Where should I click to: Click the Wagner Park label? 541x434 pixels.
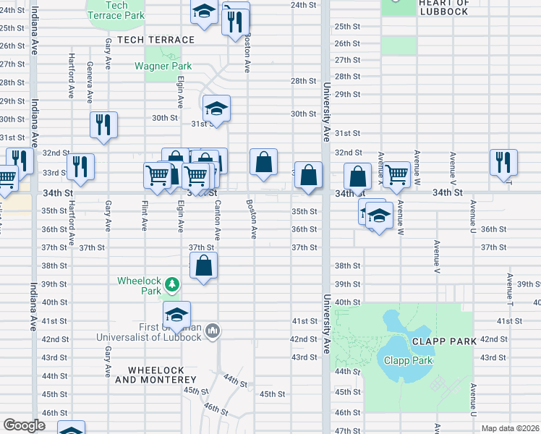click(x=163, y=66)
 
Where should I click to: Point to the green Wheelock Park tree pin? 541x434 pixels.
click(x=172, y=284)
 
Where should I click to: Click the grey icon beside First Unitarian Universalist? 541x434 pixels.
click(x=212, y=331)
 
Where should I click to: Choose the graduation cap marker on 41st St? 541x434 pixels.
click(x=176, y=315)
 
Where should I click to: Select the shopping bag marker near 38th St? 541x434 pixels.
click(x=205, y=265)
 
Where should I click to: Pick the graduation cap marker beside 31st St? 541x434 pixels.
click(x=216, y=109)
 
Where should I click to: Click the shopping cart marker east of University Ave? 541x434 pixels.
click(x=396, y=174)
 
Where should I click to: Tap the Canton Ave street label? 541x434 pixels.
click(x=217, y=221)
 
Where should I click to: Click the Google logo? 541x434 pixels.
click(x=24, y=425)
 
